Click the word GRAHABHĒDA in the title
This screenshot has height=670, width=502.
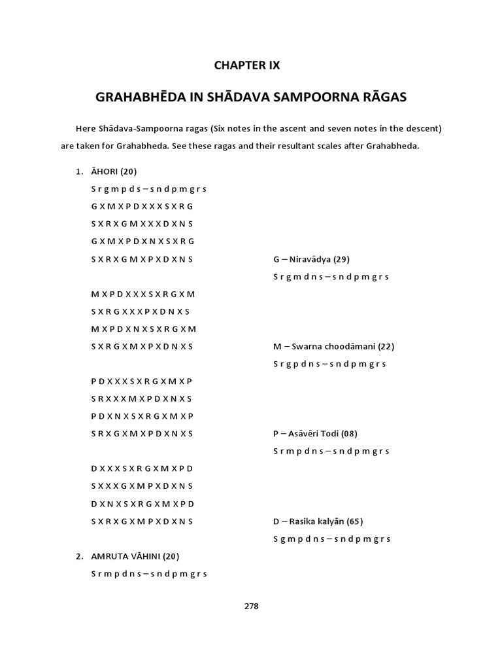click(135, 97)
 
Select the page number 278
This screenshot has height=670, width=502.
click(251, 606)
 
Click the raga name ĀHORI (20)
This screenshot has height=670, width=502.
click(114, 171)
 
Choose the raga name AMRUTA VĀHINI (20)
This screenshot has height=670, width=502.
click(135, 556)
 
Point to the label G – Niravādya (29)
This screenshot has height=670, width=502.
click(316, 259)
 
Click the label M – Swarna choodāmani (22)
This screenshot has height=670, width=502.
click(333, 346)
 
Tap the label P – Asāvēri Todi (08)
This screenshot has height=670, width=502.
click(315, 433)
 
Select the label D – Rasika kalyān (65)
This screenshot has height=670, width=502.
click(318, 521)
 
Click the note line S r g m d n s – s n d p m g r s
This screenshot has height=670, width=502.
click(331, 277)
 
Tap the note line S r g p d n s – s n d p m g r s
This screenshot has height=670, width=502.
click(329, 364)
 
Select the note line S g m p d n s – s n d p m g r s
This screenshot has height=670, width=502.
click(331, 539)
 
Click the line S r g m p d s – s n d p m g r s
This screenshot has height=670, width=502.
click(149, 189)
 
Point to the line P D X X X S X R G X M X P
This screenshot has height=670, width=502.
click(142, 381)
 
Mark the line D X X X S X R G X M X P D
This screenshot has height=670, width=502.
click(142, 468)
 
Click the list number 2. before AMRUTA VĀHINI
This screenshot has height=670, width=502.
click(78, 556)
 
